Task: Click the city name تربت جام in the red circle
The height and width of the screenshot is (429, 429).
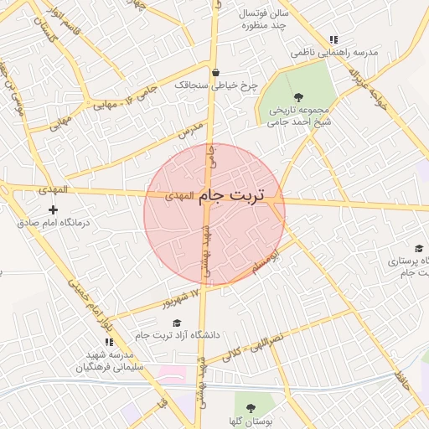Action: click(230, 195)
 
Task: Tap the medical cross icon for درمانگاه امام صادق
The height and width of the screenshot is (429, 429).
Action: click(54, 208)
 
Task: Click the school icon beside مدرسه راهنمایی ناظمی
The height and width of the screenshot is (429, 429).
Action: click(333, 39)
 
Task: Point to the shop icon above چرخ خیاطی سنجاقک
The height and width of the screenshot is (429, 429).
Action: click(216, 72)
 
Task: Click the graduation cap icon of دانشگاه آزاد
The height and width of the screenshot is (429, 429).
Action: click(176, 323)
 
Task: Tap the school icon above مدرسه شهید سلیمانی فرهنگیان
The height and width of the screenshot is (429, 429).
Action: click(109, 341)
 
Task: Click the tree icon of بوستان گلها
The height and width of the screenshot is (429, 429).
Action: click(252, 408)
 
